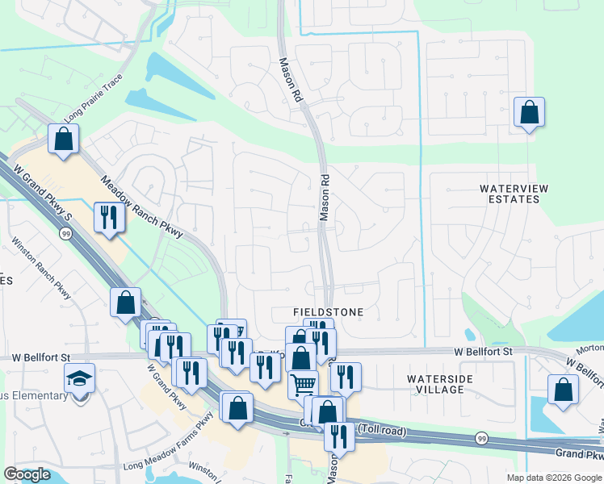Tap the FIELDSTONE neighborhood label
tap(328, 311)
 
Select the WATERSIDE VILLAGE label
tap(435, 384)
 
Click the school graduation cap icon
tap(81, 377)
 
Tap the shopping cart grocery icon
tap(303, 384)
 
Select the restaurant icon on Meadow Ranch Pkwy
tap(108, 216)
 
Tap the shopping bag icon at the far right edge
tap(562, 389)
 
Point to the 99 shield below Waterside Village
tap(481, 438)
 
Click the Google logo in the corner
tap(27, 474)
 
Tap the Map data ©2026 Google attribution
tap(554, 478)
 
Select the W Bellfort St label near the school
tap(37, 357)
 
